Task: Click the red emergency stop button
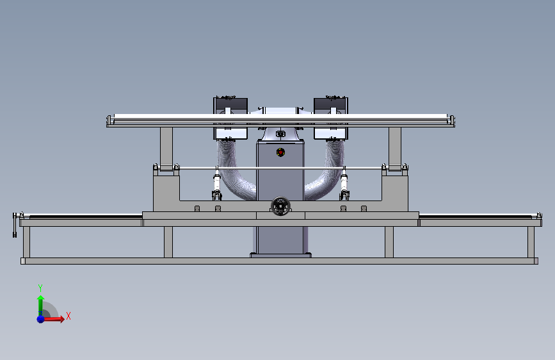click(x=280, y=152)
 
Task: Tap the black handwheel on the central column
click(x=280, y=206)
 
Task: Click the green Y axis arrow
click(x=40, y=306)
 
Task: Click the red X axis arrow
click(x=53, y=319)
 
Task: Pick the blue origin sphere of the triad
click(x=41, y=319)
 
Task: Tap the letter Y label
click(x=40, y=288)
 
